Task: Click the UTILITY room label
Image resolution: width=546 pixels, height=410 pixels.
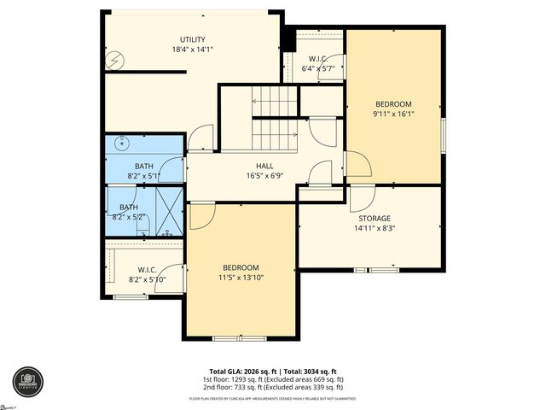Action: pyautogui.click(x=192, y=39)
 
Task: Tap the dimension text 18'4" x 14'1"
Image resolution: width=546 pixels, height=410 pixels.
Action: pyautogui.click(x=192, y=50)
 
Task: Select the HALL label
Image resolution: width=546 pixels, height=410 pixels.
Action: pyautogui.click(x=264, y=166)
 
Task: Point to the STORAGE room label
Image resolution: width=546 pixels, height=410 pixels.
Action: pyautogui.click(x=374, y=218)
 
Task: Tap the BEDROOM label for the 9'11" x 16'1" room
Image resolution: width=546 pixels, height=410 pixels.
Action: pyautogui.click(x=392, y=103)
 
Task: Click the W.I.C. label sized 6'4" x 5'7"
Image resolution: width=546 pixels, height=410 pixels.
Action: pyautogui.click(x=319, y=59)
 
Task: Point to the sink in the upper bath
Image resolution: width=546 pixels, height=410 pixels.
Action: pyautogui.click(x=119, y=144)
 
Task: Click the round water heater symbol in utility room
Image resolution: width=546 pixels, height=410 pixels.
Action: pyautogui.click(x=119, y=60)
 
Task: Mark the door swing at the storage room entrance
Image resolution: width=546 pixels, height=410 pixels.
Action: pyautogui.click(x=362, y=197)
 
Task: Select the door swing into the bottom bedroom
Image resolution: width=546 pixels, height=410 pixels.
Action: pyautogui.click(x=201, y=215)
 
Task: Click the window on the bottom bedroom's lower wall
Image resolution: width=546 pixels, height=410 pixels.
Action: pyautogui.click(x=239, y=338)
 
